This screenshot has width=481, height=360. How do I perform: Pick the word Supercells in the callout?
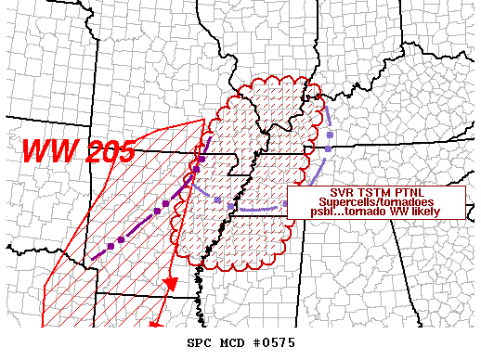click(x=340, y=202)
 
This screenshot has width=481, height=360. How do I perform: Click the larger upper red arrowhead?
click(x=170, y=283)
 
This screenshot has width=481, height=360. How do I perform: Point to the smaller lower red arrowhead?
click(x=157, y=325)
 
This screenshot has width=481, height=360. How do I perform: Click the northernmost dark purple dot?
click(x=201, y=160)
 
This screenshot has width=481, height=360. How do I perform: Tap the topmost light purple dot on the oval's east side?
click(x=329, y=136)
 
